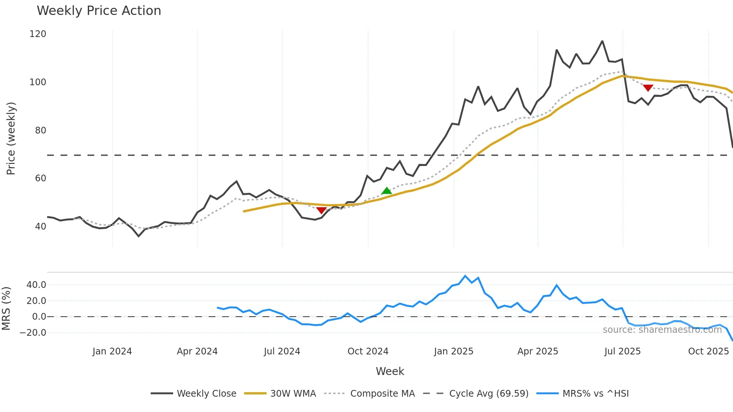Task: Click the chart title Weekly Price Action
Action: coord(99,11)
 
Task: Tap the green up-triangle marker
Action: coord(386,191)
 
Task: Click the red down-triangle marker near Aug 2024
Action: coord(321,210)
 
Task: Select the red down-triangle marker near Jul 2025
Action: coord(648,88)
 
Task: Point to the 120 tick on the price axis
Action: coord(38,34)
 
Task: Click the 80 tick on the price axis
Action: coord(40,130)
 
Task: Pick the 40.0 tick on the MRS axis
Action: coord(36,285)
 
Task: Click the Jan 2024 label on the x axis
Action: coord(112,351)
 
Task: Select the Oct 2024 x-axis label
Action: coord(368,351)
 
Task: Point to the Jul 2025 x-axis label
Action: coord(623,351)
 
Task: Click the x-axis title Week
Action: coord(390,371)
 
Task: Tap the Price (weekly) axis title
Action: coord(11,138)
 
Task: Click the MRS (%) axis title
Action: coord(6,308)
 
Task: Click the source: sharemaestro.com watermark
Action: coord(662,330)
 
